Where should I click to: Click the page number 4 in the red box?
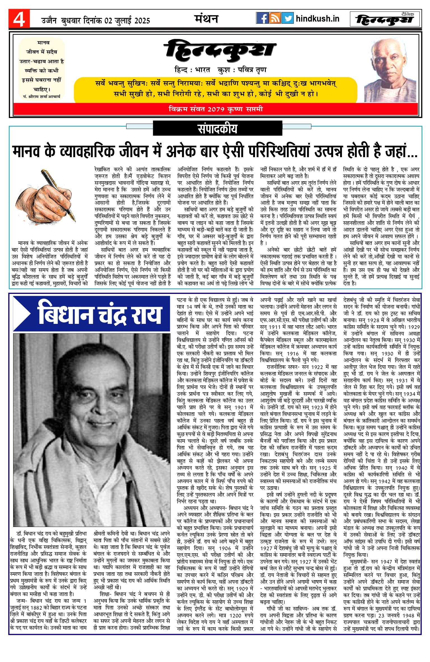coord(19,19)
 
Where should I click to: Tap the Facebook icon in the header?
coord(262,18)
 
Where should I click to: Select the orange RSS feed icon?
coord(275,18)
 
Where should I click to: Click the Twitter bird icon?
coord(287,18)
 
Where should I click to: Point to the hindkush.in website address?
coord(317,19)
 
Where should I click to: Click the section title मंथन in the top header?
coord(206,19)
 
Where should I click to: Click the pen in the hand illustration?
coord(59,195)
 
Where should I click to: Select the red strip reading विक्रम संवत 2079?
coord(216,109)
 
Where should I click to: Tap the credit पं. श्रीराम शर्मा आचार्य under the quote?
coord(42,97)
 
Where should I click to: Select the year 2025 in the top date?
coord(142,21)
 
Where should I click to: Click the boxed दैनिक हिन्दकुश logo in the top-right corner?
coord(385,19)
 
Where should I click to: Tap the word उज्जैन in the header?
coord(49,21)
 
